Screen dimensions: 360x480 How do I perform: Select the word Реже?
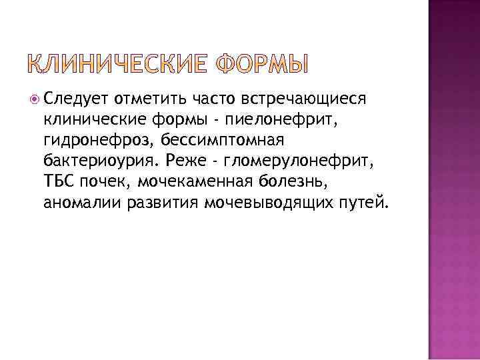[177, 163]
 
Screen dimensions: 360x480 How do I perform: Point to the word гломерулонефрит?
[291, 163]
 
